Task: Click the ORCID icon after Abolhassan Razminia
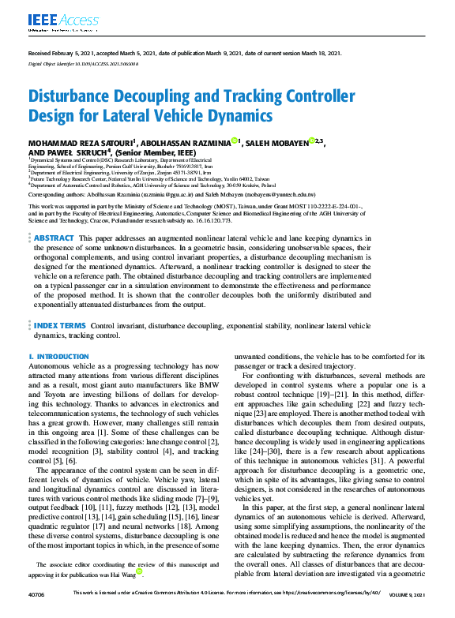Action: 235,140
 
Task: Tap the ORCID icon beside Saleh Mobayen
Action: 312,140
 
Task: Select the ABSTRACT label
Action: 55,238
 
